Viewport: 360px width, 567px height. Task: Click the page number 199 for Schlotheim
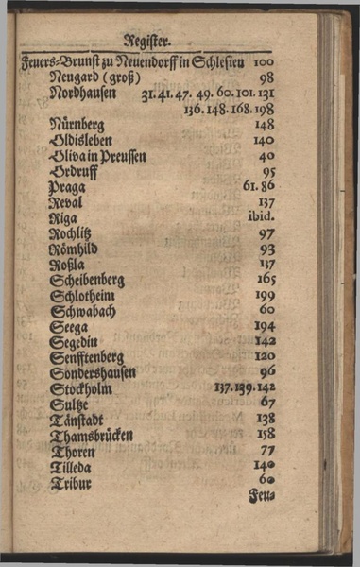pyautogui.click(x=265, y=295)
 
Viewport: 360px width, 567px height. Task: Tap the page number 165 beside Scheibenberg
pyautogui.click(x=265, y=280)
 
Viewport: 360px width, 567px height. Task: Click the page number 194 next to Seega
pyautogui.click(x=265, y=326)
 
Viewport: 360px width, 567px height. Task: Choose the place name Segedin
pyautogui.click(x=73, y=341)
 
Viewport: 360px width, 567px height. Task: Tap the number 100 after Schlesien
pyautogui.click(x=264, y=62)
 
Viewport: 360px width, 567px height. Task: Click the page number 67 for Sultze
pyautogui.click(x=267, y=403)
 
